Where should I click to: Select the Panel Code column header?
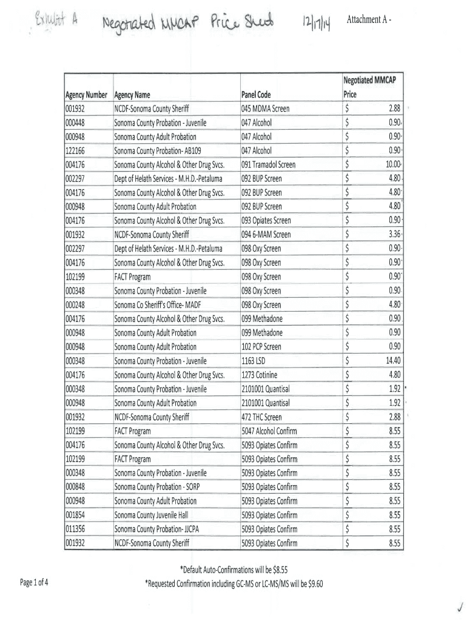point(256,95)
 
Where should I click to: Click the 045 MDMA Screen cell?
point(266,109)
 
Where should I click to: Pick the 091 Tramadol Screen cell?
point(269,164)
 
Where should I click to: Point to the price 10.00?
point(393,164)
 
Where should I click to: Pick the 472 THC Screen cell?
point(262,417)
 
